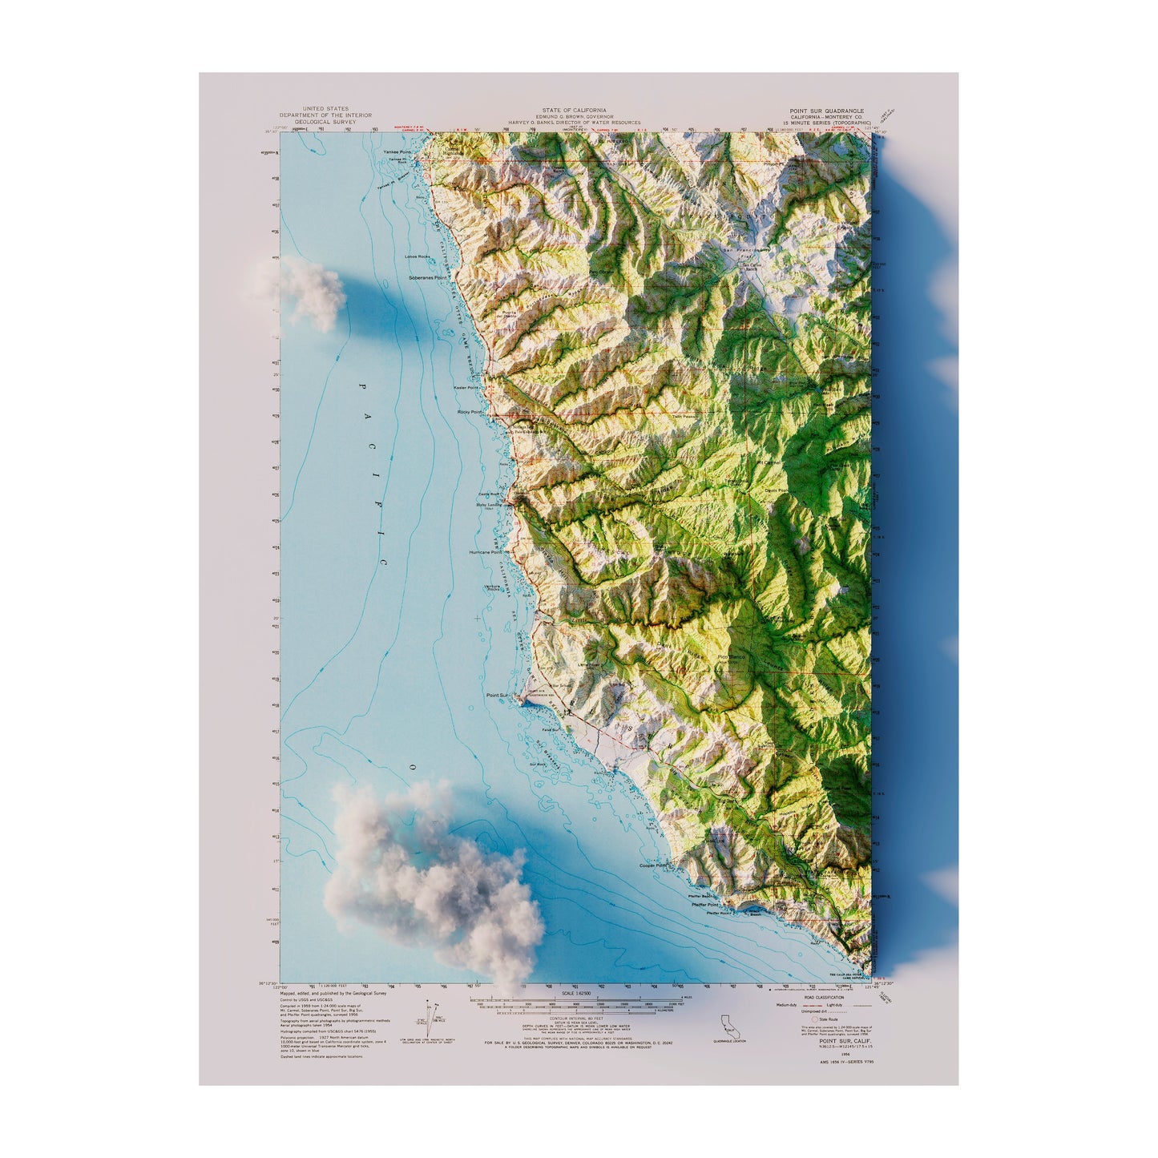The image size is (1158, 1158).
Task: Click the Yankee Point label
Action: click(x=397, y=151)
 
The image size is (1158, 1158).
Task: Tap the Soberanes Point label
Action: click(x=427, y=277)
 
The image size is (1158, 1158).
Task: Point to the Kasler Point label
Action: click(x=466, y=387)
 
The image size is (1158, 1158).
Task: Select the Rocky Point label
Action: click(x=470, y=412)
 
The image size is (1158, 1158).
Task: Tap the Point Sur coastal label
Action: click(x=498, y=695)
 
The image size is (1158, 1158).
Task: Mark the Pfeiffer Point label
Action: click(x=706, y=904)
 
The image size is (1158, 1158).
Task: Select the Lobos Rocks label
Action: click(x=418, y=256)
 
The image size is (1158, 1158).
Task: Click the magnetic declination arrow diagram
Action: click(x=434, y=1015)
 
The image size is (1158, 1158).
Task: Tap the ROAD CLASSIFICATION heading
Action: click(x=821, y=998)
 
